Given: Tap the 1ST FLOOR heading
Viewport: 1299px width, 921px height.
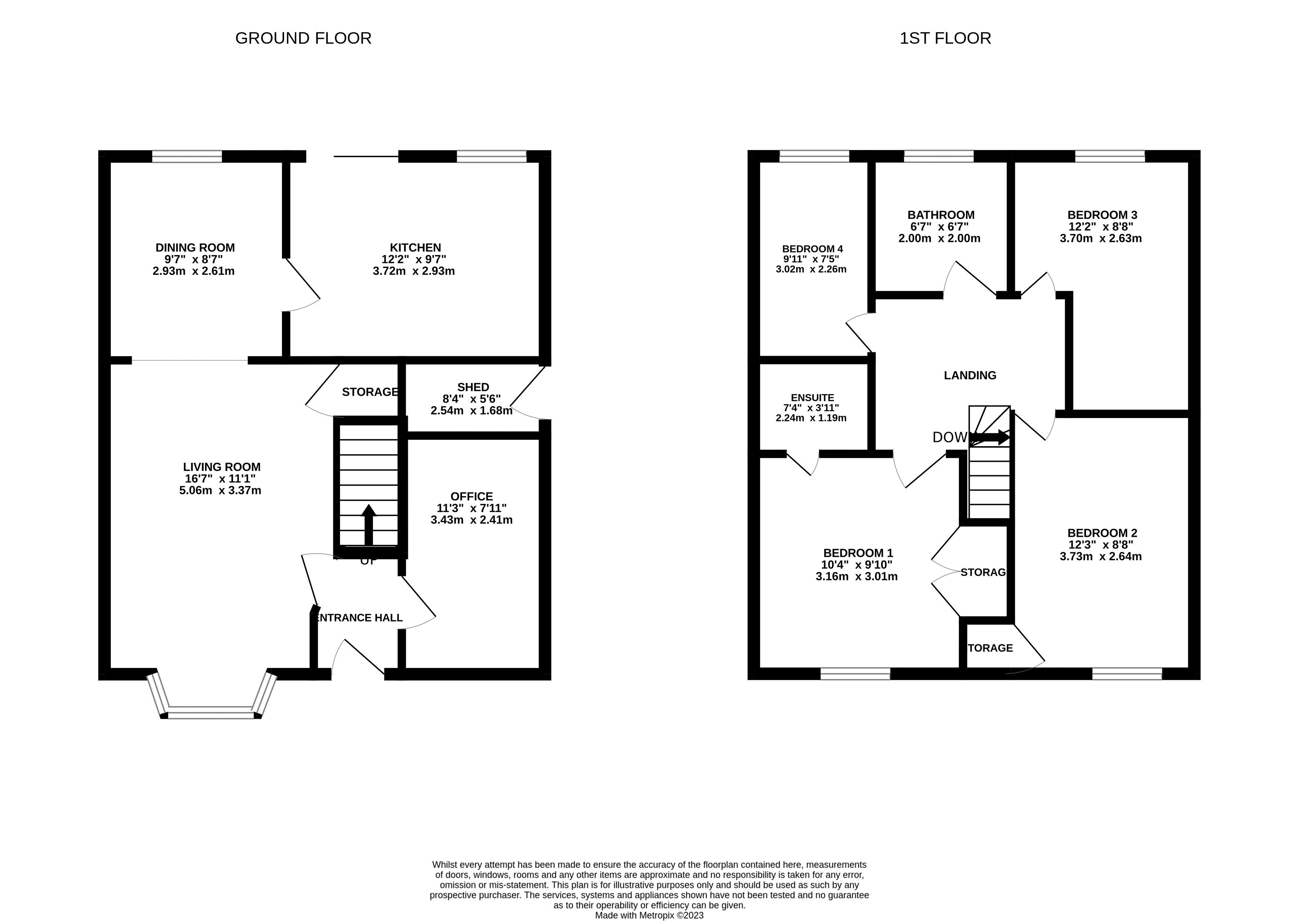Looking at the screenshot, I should pyautogui.click(x=945, y=38).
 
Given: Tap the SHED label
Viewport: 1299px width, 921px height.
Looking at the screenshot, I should pyautogui.click(x=473, y=387).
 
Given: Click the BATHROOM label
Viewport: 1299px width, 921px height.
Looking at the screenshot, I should pyautogui.click(x=941, y=215).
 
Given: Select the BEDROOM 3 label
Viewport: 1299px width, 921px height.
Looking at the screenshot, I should pyautogui.click(x=1102, y=215).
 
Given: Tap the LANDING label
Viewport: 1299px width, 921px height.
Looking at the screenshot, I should pyautogui.click(x=970, y=375).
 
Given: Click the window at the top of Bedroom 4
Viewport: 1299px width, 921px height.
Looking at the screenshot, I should pyautogui.click(x=814, y=156).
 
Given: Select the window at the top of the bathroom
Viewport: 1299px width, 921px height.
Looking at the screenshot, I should pyautogui.click(x=938, y=156).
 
